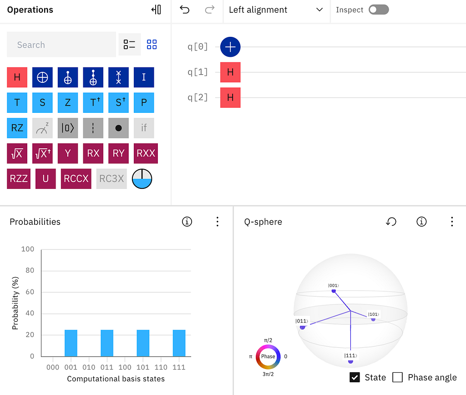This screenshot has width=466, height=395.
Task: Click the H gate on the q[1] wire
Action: click(x=230, y=72)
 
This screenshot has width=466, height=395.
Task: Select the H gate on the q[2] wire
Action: click(x=230, y=97)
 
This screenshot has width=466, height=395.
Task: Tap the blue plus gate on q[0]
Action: click(x=230, y=47)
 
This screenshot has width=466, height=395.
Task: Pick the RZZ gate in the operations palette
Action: click(x=19, y=179)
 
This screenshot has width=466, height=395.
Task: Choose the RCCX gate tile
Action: click(x=76, y=179)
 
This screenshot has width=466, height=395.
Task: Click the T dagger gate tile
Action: click(x=93, y=102)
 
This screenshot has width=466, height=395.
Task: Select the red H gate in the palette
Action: click(x=17, y=77)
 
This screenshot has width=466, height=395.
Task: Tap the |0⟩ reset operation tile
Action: click(x=68, y=128)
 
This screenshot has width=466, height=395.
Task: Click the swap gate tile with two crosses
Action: click(x=119, y=77)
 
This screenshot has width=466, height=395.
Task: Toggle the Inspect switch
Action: click(x=379, y=10)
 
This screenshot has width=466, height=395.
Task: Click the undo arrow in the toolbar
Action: click(x=185, y=10)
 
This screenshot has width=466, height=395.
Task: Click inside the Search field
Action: click(x=61, y=45)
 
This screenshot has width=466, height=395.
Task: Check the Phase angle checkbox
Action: click(x=398, y=377)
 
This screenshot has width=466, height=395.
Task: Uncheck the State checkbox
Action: click(x=355, y=377)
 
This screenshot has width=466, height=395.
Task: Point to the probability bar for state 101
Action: click(x=143, y=343)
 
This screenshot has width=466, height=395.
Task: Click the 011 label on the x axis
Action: click(x=106, y=367)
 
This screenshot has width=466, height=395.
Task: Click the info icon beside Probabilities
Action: click(x=187, y=222)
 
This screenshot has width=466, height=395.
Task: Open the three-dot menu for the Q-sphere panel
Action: click(x=452, y=222)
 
